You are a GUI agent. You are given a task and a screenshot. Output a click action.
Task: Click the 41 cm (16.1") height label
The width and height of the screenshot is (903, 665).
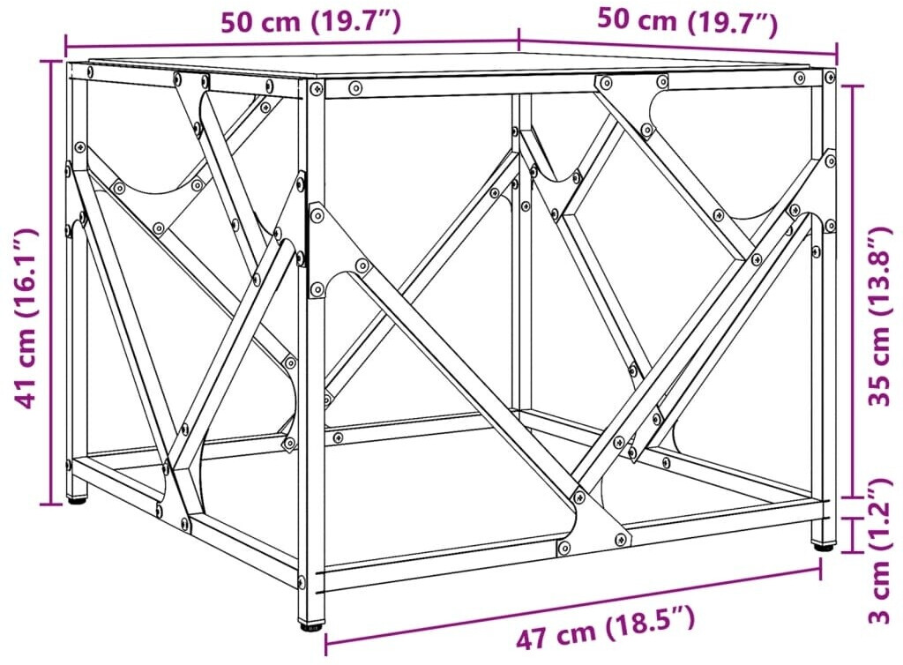27,318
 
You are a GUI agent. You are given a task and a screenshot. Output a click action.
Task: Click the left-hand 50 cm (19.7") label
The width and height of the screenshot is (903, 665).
310,22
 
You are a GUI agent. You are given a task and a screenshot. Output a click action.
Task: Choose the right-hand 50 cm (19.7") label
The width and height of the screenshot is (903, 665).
688,23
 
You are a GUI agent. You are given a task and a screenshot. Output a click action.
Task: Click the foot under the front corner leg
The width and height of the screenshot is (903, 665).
310,624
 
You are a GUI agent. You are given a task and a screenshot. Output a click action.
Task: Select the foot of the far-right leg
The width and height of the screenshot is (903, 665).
823,543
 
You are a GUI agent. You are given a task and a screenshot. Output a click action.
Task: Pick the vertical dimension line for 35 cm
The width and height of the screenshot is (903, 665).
853,291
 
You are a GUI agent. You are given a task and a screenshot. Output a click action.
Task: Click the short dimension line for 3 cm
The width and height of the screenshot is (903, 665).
853,534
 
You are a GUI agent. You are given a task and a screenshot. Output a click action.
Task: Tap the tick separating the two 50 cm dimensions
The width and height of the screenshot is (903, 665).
519,39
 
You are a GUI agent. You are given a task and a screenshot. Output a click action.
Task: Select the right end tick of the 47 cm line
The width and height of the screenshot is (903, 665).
820,569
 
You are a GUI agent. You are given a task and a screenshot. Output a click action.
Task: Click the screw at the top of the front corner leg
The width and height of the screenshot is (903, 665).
317,89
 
